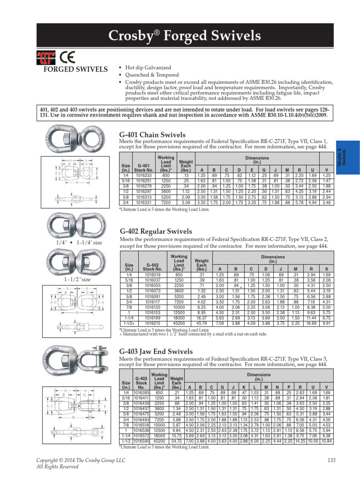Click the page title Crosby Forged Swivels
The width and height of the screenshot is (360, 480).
click(184, 36)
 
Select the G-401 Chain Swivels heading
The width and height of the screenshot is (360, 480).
click(153, 135)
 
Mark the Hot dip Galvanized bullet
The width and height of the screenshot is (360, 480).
click(142, 68)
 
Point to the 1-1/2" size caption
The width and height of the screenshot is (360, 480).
click(74, 280)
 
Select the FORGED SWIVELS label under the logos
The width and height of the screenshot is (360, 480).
click(69, 70)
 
